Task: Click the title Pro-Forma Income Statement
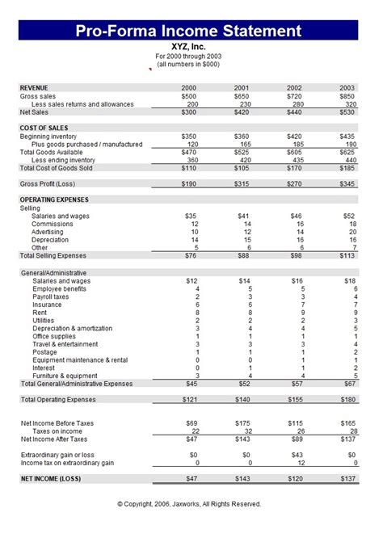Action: tap(189, 32)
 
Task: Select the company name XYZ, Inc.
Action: tap(189, 47)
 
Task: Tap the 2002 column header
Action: tap(294, 87)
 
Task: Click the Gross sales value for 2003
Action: tap(347, 96)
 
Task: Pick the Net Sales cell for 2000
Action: tap(188, 112)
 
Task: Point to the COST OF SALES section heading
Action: tap(44, 128)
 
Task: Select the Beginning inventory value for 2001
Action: tap(241, 137)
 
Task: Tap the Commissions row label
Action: tap(52, 224)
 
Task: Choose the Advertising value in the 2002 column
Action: tap(297, 232)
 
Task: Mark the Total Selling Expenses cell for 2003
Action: tap(347, 256)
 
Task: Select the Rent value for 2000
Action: tap(197, 313)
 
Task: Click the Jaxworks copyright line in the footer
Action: tap(189, 503)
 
